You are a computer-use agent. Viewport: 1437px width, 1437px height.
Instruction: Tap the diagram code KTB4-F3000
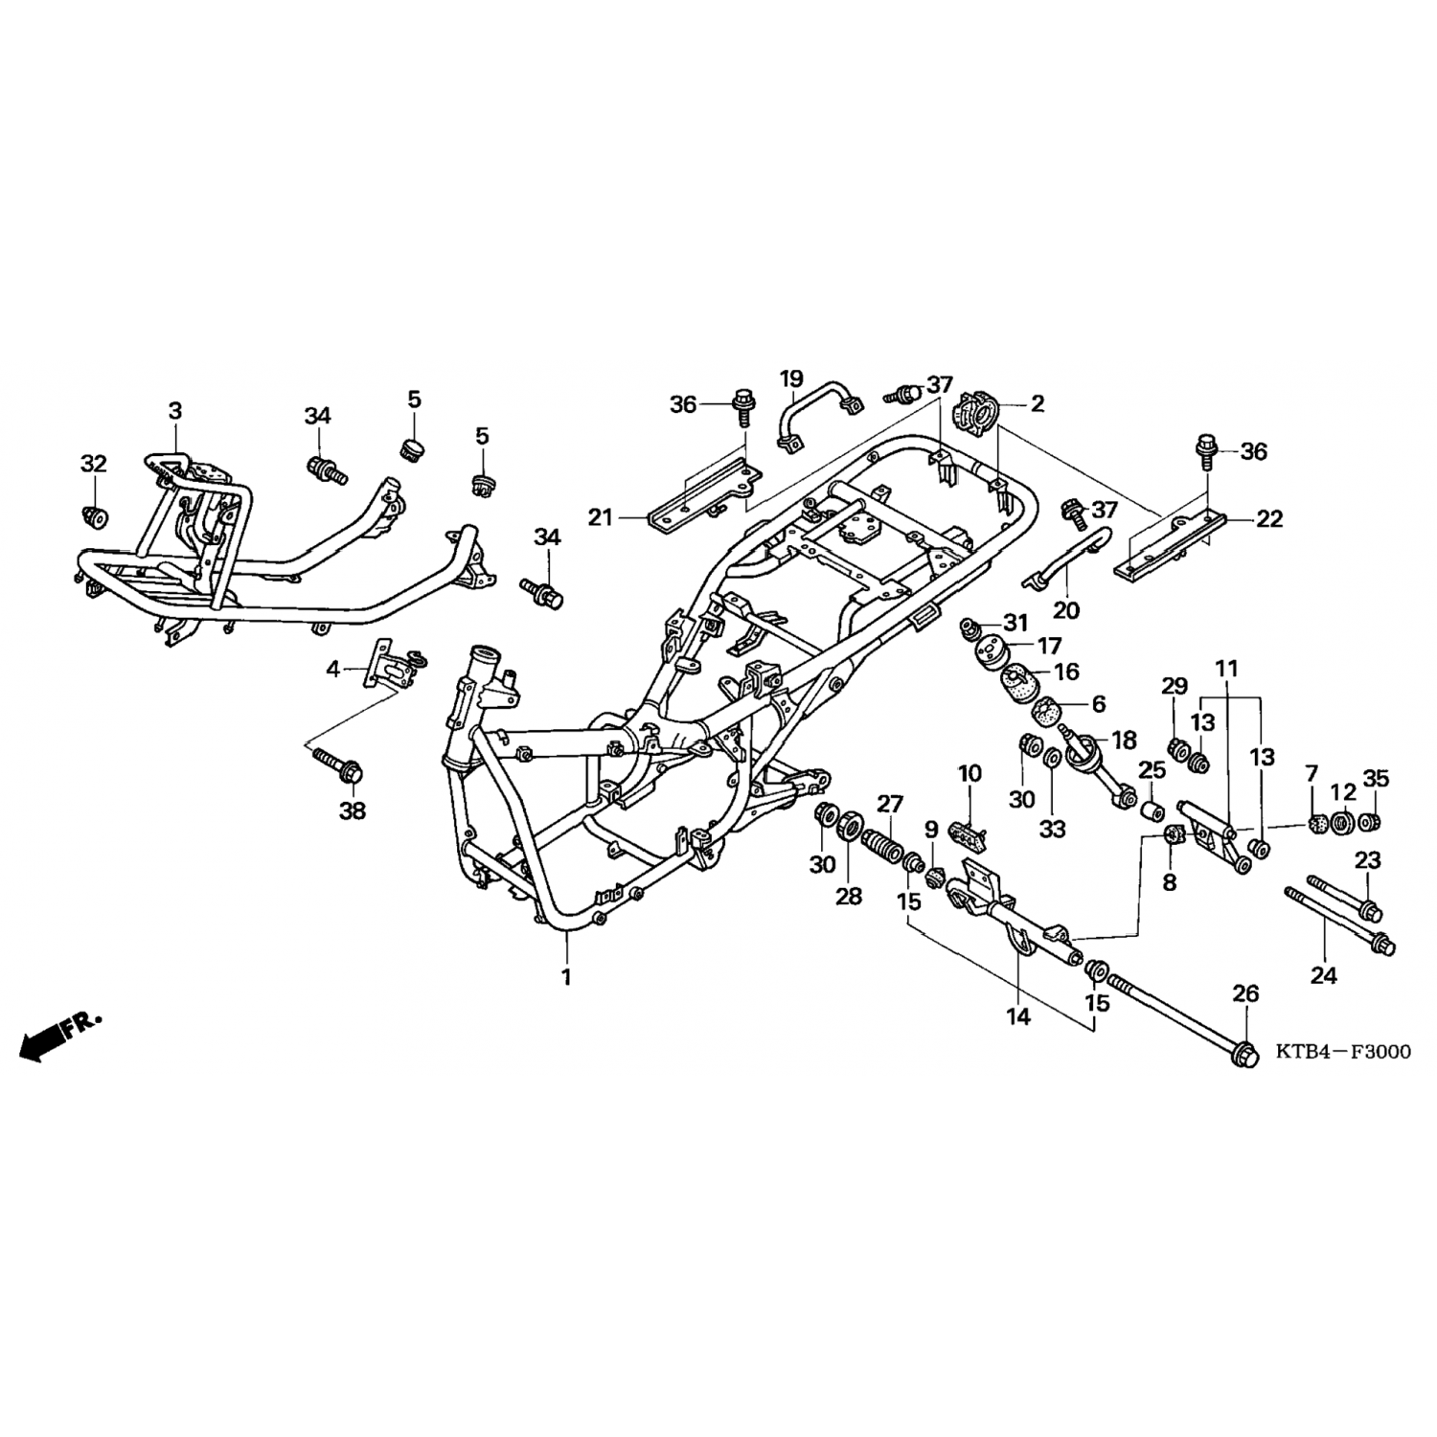click(x=1343, y=1052)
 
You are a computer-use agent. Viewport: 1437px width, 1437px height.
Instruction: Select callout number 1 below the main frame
click(x=566, y=977)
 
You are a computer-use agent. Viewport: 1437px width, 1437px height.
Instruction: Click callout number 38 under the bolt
click(x=353, y=810)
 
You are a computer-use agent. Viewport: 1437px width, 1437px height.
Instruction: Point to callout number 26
click(x=1244, y=994)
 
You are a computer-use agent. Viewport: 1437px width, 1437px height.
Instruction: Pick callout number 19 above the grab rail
click(x=791, y=379)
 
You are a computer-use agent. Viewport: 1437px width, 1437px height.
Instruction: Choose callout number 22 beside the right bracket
click(x=1269, y=519)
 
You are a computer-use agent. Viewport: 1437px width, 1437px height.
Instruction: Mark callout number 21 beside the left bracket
click(x=600, y=518)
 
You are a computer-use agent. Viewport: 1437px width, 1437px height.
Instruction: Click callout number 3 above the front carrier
click(x=174, y=411)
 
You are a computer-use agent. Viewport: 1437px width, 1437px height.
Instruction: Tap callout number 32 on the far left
click(x=93, y=465)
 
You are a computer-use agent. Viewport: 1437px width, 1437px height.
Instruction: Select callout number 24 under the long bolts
click(x=1323, y=975)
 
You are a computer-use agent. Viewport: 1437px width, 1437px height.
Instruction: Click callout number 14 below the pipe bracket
click(x=1018, y=1016)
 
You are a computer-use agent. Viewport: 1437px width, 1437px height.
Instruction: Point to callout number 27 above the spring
click(x=890, y=803)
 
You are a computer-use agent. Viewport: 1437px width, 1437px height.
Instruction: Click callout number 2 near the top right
click(x=1038, y=403)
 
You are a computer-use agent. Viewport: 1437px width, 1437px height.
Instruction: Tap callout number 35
click(x=1376, y=779)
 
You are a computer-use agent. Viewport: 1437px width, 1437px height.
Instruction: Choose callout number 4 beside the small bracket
click(x=333, y=669)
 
